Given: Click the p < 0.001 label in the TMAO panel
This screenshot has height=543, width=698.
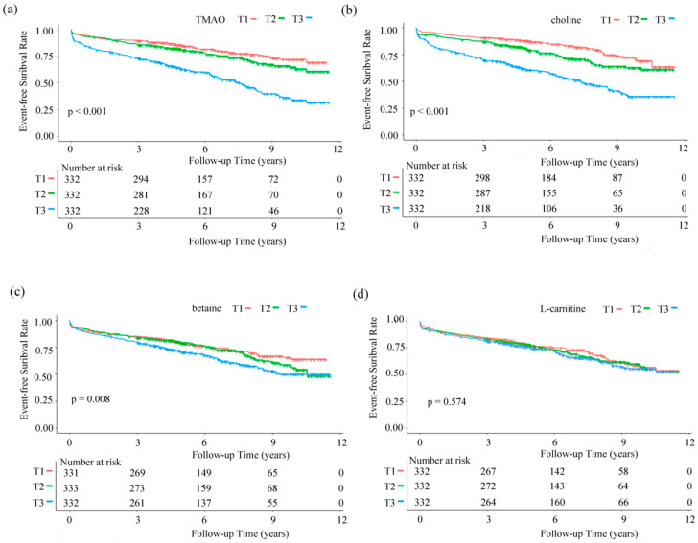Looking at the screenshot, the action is pyautogui.click(x=87, y=111).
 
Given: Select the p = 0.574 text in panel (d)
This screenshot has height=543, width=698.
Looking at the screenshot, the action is pyautogui.click(x=447, y=402).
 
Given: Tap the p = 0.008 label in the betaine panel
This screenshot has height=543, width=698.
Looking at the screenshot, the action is pyautogui.click(x=90, y=399).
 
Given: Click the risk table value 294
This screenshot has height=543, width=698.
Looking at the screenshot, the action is pyautogui.click(x=141, y=179).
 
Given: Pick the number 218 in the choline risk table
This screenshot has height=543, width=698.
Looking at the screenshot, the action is pyautogui.click(x=482, y=208).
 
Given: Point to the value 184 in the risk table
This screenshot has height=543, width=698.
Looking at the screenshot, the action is pyautogui.click(x=548, y=178).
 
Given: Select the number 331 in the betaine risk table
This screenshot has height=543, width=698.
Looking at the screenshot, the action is pyautogui.click(x=70, y=473).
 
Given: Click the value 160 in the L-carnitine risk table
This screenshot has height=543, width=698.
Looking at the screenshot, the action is pyautogui.click(x=557, y=502).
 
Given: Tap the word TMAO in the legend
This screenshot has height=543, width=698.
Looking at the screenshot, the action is pyautogui.click(x=210, y=19).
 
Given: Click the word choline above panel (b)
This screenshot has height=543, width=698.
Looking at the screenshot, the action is pyautogui.click(x=566, y=20).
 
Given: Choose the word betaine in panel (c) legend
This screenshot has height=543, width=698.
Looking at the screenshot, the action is pyautogui.click(x=206, y=308).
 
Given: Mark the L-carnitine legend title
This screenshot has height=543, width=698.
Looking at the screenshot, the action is pyautogui.click(x=563, y=308).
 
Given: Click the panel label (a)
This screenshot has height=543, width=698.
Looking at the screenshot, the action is pyautogui.click(x=11, y=10).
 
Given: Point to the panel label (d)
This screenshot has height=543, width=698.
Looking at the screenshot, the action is pyautogui.click(x=361, y=294).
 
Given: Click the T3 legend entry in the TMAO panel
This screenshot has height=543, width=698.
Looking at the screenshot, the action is pyautogui.click(x=302, y=19).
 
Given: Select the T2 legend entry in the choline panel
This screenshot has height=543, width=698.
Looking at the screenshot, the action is pyautogui.click(x=638, y=20).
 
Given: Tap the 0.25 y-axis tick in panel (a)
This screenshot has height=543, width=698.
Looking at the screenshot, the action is pyautogui.click(x=44, y=110).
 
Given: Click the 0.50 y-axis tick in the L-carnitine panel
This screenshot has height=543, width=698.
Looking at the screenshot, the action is pyautogui.click(x=395, y=373).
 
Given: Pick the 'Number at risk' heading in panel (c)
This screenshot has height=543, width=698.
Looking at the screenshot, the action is pyautogui.click(x=90, y=462).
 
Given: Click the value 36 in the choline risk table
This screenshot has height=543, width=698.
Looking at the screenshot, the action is pyautogui.click(x=617, y=208).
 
